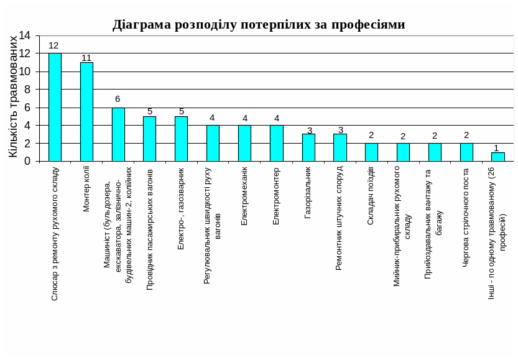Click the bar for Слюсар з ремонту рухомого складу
55,107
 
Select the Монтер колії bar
86,112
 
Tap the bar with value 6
118,134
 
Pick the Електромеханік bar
244,143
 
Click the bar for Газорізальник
308,147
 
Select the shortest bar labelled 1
497,157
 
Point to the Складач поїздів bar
371,152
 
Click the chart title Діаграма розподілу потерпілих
259,24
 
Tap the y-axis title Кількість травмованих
14,96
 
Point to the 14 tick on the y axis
24,35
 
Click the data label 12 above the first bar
53,45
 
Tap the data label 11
86,58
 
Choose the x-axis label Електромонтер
276,196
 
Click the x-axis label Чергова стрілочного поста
466,217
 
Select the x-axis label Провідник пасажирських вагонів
150,228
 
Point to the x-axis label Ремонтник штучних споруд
339,218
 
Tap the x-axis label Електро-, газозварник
181,208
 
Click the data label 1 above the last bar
496,148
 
